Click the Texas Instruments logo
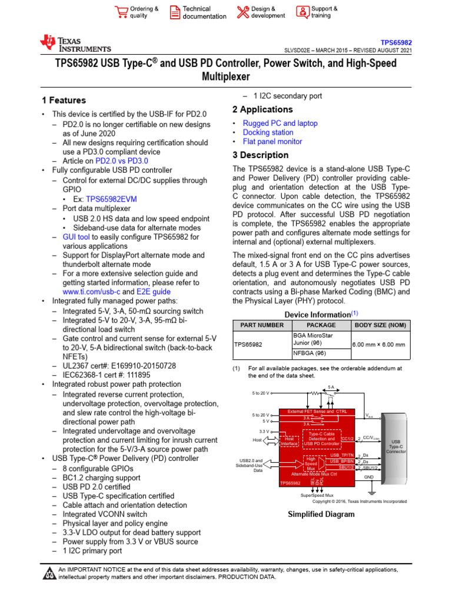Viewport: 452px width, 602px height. click(75, 44)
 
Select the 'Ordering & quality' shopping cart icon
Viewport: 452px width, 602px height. click(122, 12)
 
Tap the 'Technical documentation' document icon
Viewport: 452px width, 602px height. click(175, 12)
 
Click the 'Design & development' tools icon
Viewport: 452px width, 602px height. click(243, 12)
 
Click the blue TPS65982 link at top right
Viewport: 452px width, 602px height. click(395, 43)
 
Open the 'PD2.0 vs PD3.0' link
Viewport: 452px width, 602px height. click(121, 160)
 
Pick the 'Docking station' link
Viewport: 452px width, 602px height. click(268, 132)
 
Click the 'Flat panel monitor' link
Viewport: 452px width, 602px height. click(272, 142)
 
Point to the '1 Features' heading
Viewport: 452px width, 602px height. click(64, 101)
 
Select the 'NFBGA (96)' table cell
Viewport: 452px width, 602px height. click(310, 353)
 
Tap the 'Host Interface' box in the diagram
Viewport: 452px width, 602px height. click(289, 441)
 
